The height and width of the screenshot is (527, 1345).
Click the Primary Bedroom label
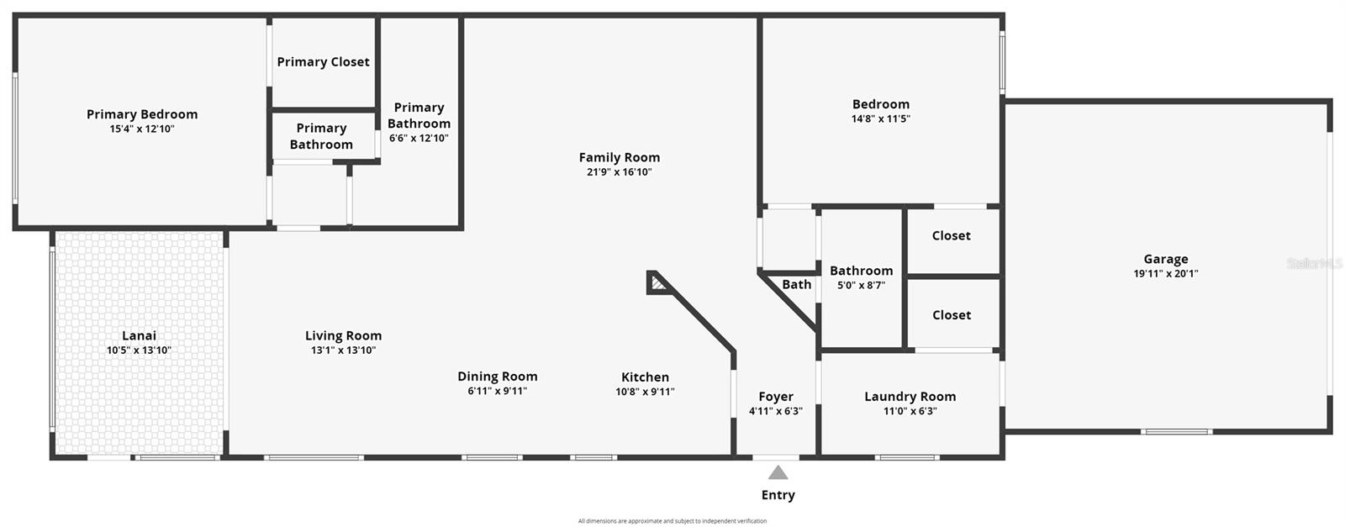(x=142, y=114)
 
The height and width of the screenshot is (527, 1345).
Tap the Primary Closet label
(x=323, y=62)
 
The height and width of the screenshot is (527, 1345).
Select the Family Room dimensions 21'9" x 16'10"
(x=619, y=172)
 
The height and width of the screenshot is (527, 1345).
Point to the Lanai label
(x=139, y=335)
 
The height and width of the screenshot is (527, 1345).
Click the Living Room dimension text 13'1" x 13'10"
(x=343, y=350)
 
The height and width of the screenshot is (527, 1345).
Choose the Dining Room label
(x=497, y=377)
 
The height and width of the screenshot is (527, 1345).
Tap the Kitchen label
(x=645, y=377)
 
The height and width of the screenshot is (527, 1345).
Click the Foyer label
(x=775, y=397)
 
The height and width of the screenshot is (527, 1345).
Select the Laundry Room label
(x=910, y=397)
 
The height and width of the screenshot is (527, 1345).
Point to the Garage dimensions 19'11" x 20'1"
(x=1165, y=273)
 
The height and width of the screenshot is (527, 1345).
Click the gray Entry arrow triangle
(x=778, y=473)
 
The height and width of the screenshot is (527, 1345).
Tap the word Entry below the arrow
(x=778, y=495)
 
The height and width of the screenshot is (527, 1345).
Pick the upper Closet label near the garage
(x=951, y=236)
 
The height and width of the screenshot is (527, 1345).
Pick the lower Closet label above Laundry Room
(x=951, y=315)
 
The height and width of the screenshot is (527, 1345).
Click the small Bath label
(x=796, y=285)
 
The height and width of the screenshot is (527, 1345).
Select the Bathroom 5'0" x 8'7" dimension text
(x=861, y=286)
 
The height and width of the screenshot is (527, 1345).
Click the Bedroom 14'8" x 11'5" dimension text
(x=880, y=119)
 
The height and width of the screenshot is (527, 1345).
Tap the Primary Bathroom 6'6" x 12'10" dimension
(x=419, y=139)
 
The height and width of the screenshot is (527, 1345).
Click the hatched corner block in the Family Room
(x=657, y=283)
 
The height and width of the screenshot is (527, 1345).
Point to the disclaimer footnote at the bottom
(x=672, y=521)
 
